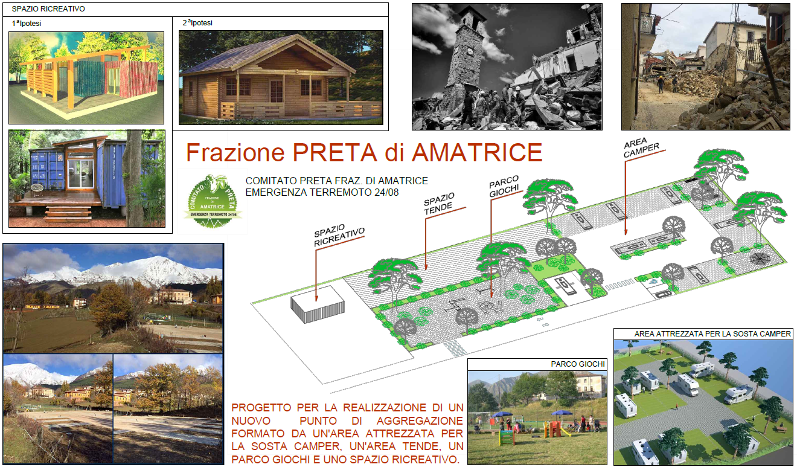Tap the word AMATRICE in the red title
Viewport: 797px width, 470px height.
click(476, 152)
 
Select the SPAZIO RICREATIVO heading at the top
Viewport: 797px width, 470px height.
click(49, 9)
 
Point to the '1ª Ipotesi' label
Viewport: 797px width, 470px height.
click(27, 24)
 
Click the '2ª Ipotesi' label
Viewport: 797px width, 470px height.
click(197, 23)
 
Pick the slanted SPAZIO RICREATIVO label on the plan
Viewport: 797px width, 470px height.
click(339, 237)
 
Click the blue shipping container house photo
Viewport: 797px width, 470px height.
click(86, 178)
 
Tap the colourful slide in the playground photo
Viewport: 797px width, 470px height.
click(552, 429)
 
